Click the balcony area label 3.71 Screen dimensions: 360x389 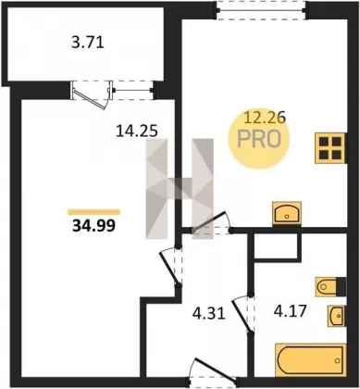coord(88,43)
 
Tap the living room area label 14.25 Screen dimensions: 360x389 coord(137,132)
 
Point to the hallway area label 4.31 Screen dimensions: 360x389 coord(209,314)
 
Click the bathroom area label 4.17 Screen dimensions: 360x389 coord(290,311)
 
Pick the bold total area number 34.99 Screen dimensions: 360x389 coord(93,226)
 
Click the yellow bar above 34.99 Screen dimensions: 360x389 coord(93,212)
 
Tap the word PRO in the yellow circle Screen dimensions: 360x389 coord(259,139)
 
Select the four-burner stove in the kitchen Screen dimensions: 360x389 coord(330,148)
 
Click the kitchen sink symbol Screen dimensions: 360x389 coord(287,213)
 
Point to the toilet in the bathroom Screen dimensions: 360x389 coord(330,287)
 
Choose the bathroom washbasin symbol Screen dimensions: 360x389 coord(337,316)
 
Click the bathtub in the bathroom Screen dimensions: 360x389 coord(310,359)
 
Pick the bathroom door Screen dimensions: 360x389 coord(243,314)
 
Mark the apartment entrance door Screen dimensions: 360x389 coord(212,370)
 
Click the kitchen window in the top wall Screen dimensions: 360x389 coord(261,10)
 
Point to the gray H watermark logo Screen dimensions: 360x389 coord(180,189)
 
